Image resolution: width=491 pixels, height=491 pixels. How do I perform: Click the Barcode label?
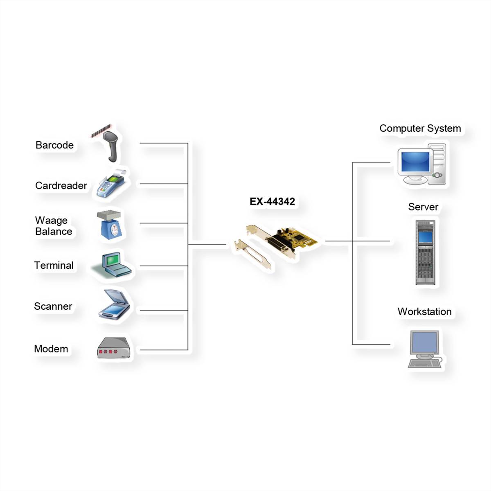pyautogui.click(x=54, y=145)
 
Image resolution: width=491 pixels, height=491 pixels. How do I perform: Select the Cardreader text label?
pyautogui.click(x=61, y=186)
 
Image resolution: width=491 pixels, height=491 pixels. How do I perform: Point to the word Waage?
pyautogui.click(x=51, y=221)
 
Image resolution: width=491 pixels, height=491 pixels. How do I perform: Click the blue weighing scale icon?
pyautogui.click(x=110, y=225)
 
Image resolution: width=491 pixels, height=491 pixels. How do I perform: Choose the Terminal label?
pyautogui.click(x=54, y=266)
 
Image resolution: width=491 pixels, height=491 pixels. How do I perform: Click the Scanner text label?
pyautogui.click(x=53, y=306)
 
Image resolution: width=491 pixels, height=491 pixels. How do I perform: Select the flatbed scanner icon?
pyautogui.click(x=115, y=305)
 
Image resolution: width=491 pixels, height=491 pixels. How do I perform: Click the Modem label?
pyautogui.click(x=51, y=349)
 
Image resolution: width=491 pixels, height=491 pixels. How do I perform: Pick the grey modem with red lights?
pyautogui.click(x=114, y=349)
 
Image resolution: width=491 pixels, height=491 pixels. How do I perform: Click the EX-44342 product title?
pyautogui.click(x=272, y=202)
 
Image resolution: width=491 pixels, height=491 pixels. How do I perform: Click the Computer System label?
pyautogui.click(x=420, y=128)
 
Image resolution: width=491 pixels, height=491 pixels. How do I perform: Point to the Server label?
pyautogui.click(x=423, y=207)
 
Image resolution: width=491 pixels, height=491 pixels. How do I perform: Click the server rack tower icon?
pyautogui.click(x=425, y=252)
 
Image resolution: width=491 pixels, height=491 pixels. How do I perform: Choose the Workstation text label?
pyautogui.click(x=424, y=312)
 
